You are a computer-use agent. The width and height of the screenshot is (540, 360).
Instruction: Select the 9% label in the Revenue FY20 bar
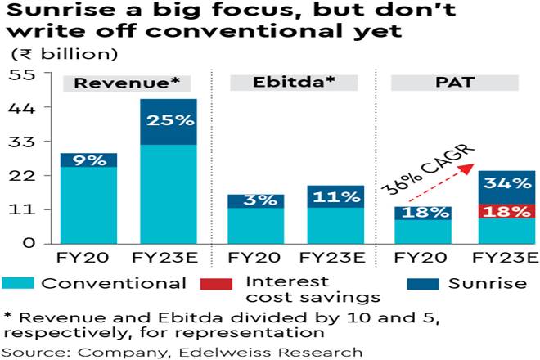(x=88, y=160)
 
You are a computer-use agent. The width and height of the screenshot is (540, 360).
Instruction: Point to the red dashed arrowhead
(x=471, y=166)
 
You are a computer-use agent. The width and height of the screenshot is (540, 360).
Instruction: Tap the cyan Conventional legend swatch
(x=18, y=284)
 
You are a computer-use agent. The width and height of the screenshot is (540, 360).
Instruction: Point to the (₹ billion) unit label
(x=63, y=55)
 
